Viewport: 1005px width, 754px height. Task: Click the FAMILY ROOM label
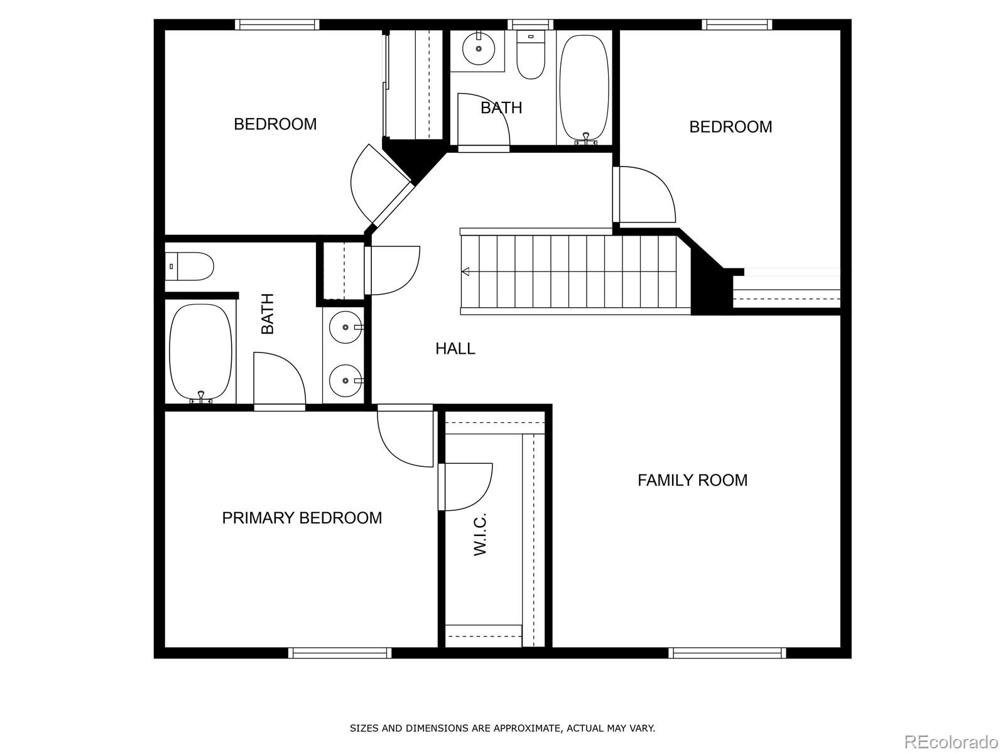click(x=692, y=480)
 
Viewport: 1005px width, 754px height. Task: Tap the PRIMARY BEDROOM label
click(x=301, y=518)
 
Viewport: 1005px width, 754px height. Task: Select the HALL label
click(x=455, y=349)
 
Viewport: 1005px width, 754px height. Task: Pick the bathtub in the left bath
click(x=200, y=352)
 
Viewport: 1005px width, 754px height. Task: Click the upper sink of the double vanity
click(x=345, y=327)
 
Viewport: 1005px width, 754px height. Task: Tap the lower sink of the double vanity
click(x=345, y=380)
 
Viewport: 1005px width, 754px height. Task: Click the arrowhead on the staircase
click(x=465, y=271)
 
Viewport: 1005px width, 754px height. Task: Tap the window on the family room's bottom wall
click(x=727, y=653)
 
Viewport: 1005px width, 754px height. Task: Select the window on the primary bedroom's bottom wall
click(x=340, y=653)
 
